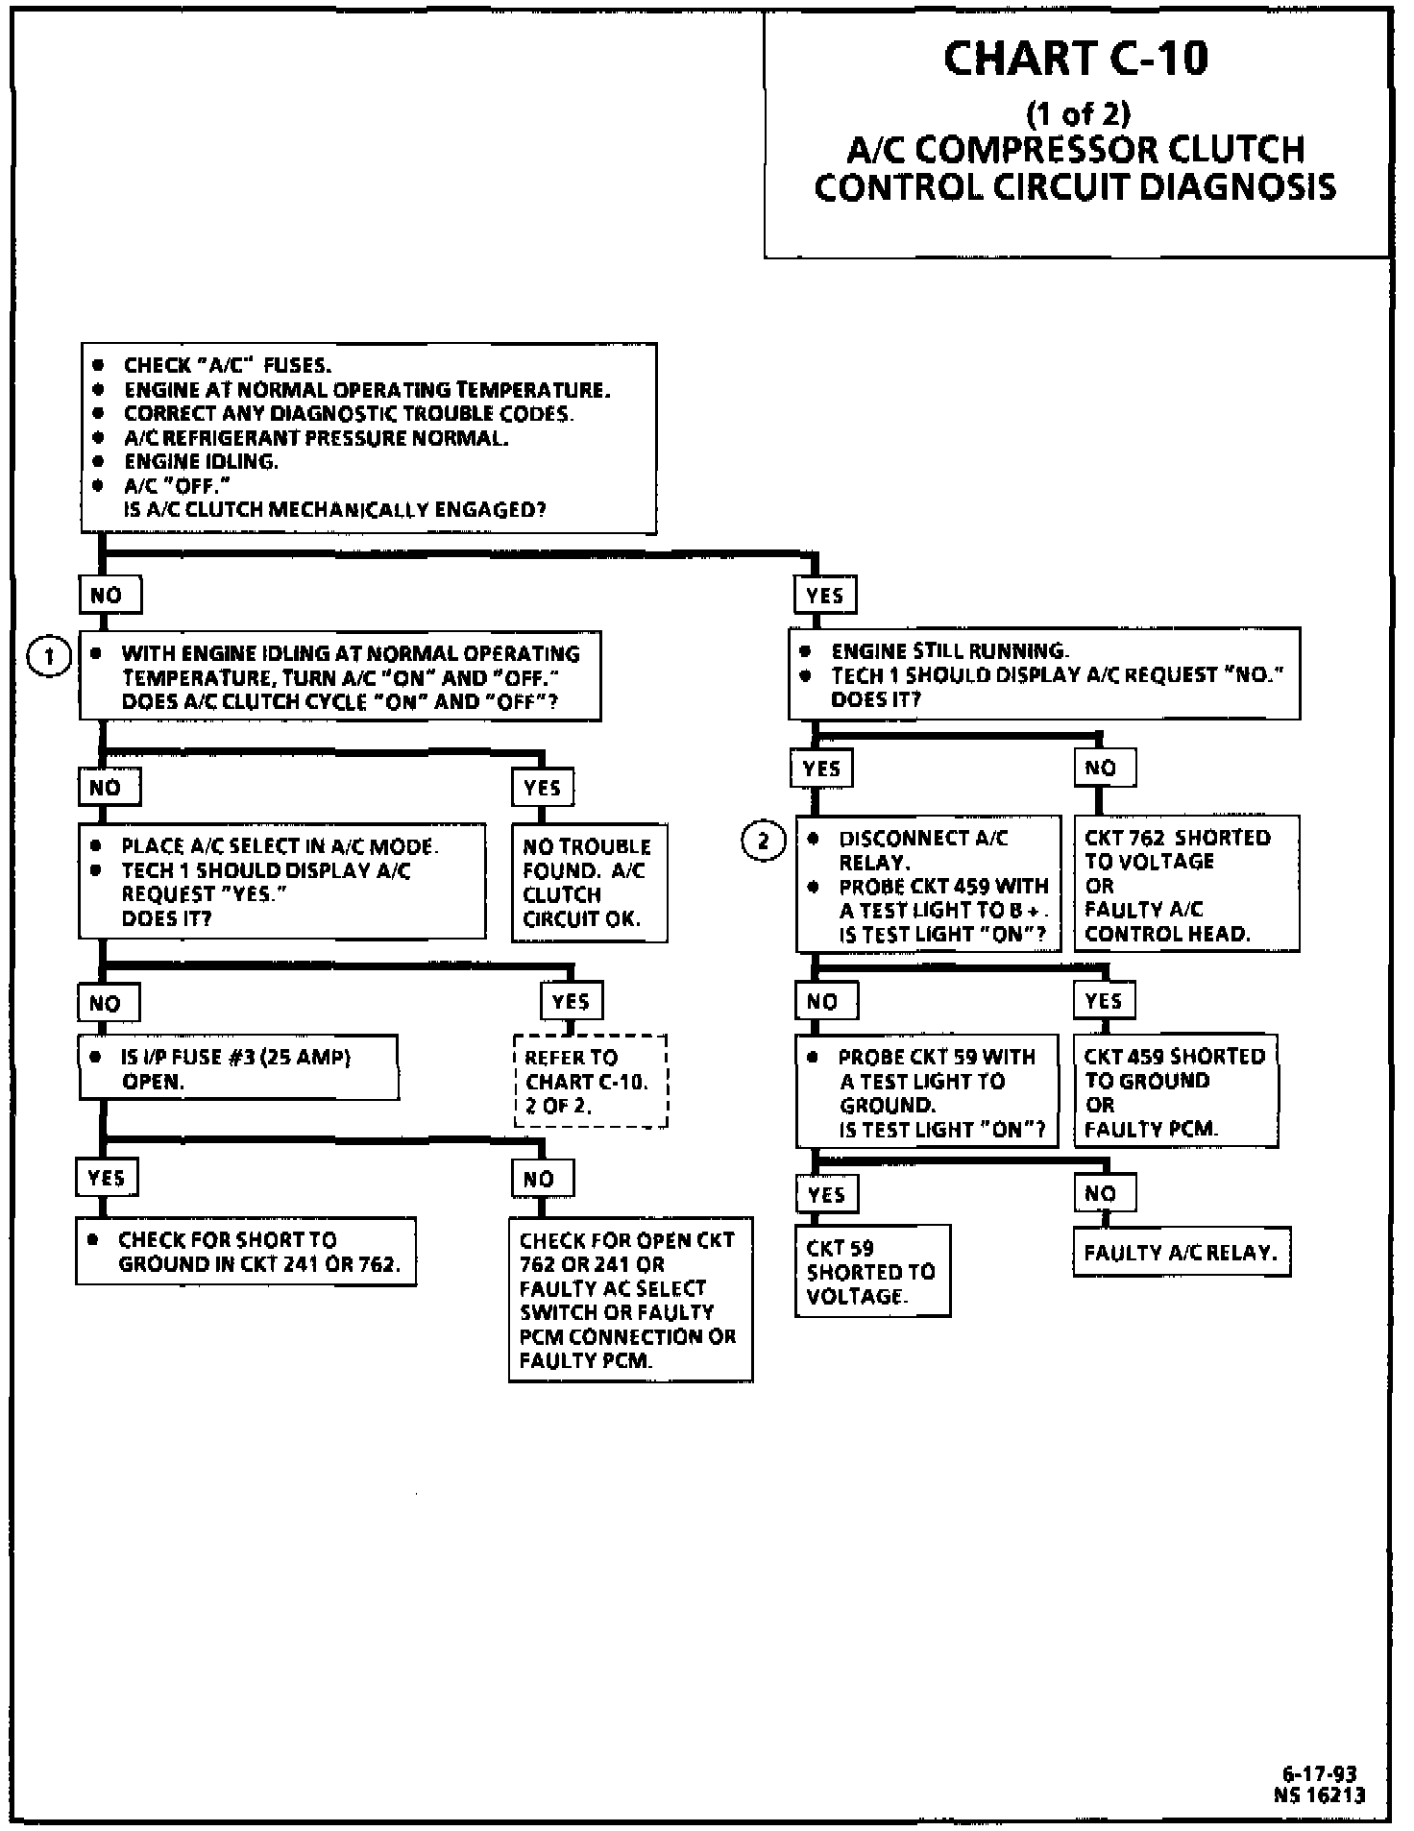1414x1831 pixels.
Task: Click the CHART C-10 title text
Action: [1076, 59]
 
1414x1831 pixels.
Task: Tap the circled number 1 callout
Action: [49, 657]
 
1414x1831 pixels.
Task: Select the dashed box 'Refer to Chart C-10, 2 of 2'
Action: [590, 1081]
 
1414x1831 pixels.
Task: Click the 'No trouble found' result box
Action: [588, 882]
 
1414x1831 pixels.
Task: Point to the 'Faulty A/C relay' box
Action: [1181, 1252]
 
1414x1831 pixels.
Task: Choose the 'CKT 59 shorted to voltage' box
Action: [872, 1270]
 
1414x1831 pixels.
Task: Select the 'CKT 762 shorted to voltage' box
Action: [1185, 884]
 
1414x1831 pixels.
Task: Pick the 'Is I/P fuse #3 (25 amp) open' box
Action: [237, 1067]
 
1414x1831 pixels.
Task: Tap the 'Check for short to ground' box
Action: [246, 1251]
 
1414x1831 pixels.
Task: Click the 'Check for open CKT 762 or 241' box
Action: [629, 1299]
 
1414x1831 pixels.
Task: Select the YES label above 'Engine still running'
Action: [824, 596]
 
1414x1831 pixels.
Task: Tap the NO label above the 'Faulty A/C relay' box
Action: [1103, 1193]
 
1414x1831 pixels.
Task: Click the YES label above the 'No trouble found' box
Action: [542, 788]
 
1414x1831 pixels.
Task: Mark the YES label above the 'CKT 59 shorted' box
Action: [826, 1194]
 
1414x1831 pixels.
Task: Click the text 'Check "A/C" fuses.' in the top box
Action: [227, 365]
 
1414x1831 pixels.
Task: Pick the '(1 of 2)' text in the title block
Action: [1078, 114]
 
